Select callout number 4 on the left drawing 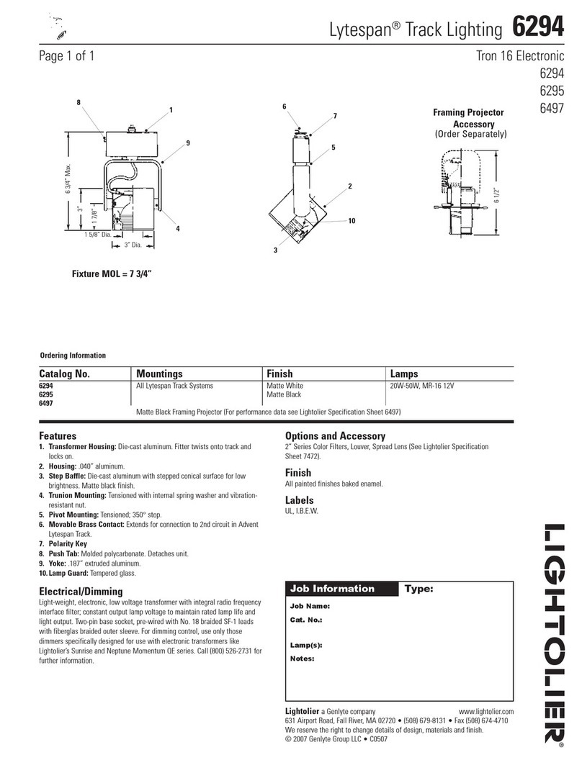[x=177, y=229]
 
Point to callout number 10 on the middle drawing [x=352, y=221]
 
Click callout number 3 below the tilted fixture [x=276, y=250]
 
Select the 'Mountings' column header [x=159, y=374]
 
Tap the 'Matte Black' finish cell [x=285, y=394]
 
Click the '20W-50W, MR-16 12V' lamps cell [x=426, y=386]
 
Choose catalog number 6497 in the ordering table [x=47, y=403]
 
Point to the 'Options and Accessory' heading [x=335, y=436]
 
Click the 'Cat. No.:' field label [x=305, y=619]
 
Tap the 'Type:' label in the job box [x=419, y=588]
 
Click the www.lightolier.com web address [x=485, y=711]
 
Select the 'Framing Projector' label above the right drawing [x=467, y=113]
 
